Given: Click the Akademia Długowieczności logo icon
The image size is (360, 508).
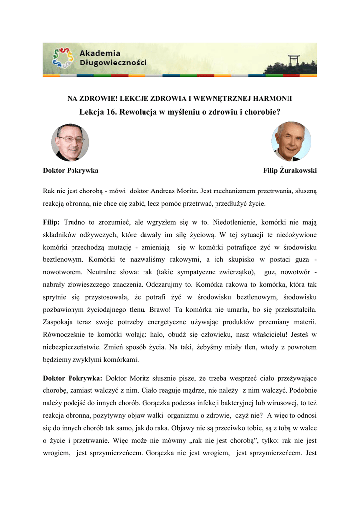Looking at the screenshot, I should [60, 58].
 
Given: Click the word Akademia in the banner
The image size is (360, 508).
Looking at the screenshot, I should [99, 53].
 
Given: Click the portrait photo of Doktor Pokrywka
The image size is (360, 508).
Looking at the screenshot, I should [70, 142].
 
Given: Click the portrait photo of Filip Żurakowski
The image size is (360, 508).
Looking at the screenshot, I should [291, 141].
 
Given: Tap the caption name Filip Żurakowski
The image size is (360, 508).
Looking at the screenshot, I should [290, 170].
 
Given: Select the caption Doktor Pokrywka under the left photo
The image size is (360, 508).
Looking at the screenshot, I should [71, 170].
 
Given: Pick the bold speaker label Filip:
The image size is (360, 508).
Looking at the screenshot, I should [52, 221].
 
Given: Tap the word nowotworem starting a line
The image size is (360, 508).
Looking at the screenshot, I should [63, 273].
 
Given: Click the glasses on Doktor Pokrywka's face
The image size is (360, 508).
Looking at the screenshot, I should [71, 140].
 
